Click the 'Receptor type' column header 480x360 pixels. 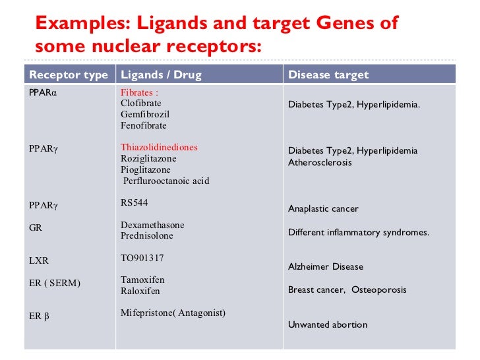coord(69,75)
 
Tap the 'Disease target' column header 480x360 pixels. coord(328,75)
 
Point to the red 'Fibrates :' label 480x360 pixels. coord(140,93)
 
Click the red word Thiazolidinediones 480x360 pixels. coord(159,148)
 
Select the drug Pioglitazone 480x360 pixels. coord(145,169)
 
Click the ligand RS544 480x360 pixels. coord(135,203)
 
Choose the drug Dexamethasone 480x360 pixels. coord(152,225)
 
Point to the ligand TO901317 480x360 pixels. coord(142,258)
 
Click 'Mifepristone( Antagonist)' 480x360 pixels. coord(173,313)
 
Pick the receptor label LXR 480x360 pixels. coord(39,260)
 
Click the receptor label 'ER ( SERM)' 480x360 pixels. coord(55,283)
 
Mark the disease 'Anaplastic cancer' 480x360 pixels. coord(323,209)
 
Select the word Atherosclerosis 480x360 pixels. coord(320,162)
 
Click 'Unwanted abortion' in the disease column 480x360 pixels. coord(328,324)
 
